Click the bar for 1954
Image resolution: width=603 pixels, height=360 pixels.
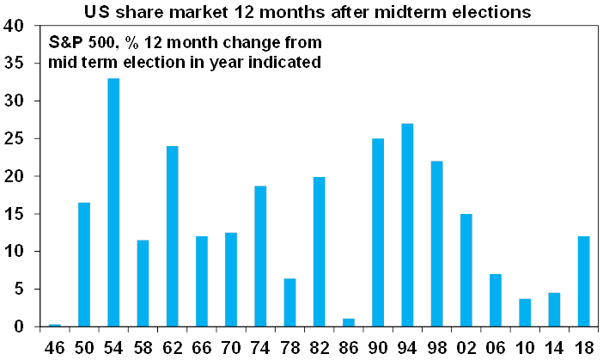(x=114, y=203)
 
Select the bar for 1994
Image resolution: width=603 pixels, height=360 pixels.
(x=408, y=225)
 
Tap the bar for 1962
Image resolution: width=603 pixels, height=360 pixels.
(x=173, y=236)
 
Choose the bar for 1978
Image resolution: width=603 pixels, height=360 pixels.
(x=290, y=302)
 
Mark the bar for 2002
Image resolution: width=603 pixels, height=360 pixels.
(x=466, y=271)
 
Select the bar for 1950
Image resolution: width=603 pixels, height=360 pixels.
(x=85, y=265)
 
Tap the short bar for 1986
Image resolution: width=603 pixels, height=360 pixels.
(x=349, y=323)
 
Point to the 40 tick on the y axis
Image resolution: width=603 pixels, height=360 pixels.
(x=13, y=26)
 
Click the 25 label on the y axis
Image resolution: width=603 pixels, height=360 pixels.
(x=13, y=139)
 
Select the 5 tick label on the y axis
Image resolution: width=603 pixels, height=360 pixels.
(x=17, y=290)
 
